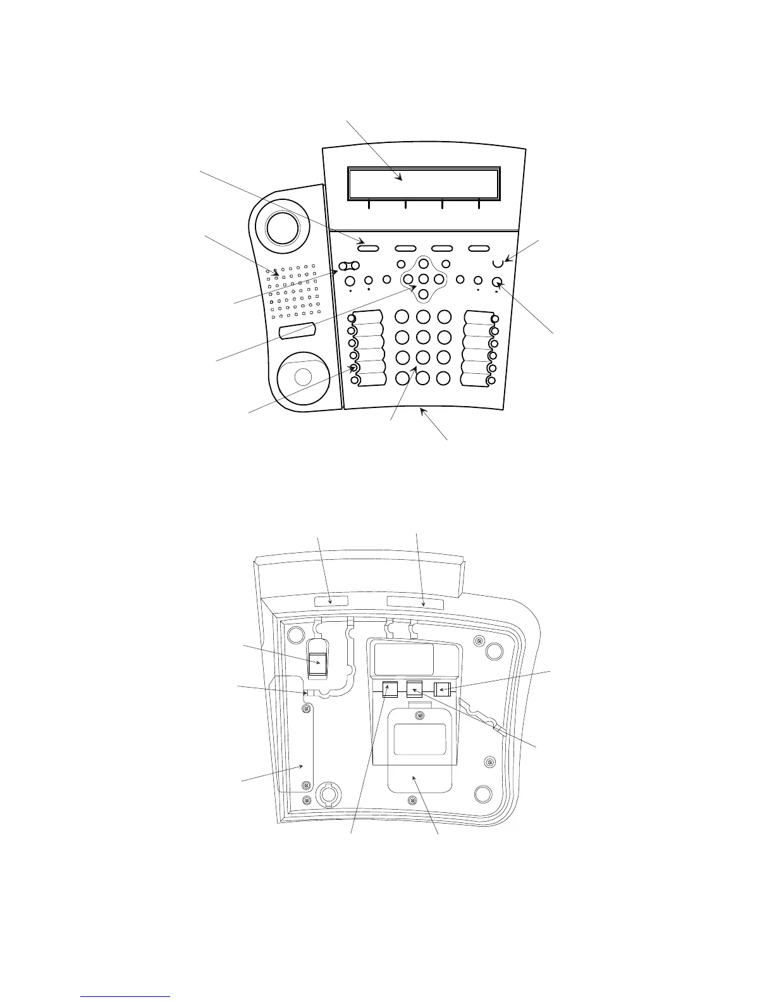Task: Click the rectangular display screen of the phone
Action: pyautogui.click(x=424, y=183)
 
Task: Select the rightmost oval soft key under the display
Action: pyautogui.click(x=479, y=248)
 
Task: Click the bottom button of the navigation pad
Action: pyautogui.click(x=424, y=294)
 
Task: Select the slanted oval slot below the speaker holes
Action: pyautogui.click(x=297, y=330)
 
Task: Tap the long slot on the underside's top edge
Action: pyautogui.click(x=415, y=602)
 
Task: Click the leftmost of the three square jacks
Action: pyautogui.click(x=390, y=689)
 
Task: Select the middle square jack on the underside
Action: pyautogui.click(x=414, y=689)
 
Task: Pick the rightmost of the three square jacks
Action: pyautogui.click(x=442, y=689)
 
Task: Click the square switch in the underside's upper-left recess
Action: pyautogui.click(x=318, y=664)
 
